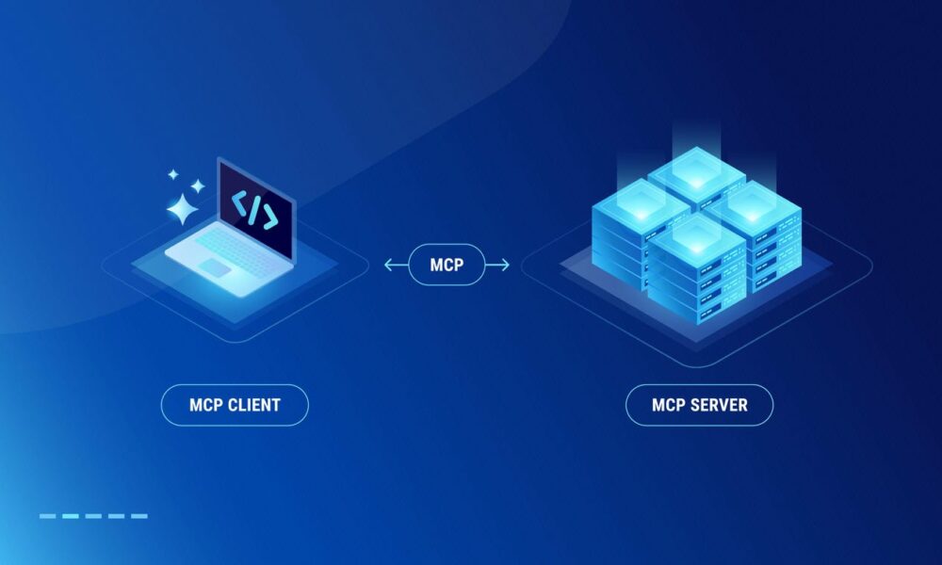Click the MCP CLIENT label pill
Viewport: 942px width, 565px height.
[235, 405]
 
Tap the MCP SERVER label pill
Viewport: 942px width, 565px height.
[699, 405]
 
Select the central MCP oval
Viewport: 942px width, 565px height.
[447, 265]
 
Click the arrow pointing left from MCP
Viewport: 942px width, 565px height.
[397, 265]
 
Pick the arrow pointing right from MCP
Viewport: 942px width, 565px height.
[497, 265]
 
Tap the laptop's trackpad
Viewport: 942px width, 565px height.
[215, 267]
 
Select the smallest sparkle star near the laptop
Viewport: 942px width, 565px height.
[173, 175]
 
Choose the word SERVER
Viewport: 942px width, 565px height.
[719, 405]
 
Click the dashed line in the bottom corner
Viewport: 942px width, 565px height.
[93, 516]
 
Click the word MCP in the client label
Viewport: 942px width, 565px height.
[206, 405]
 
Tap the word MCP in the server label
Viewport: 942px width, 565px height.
[669, 405]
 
